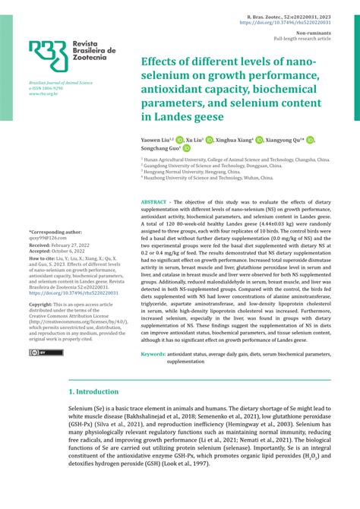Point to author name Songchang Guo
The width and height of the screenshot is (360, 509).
pos(165,150)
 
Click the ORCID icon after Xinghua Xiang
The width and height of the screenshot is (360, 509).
pos(259,141)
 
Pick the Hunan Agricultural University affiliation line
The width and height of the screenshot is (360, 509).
pos(236,161)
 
